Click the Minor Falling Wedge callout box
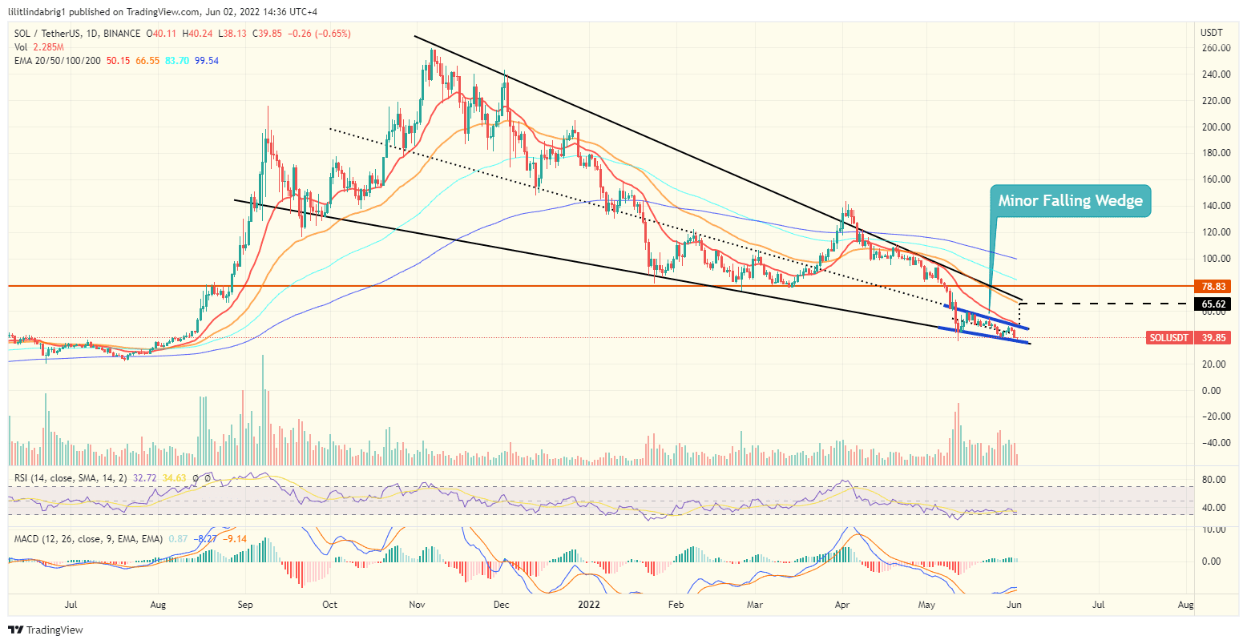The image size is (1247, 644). coord(1070,201)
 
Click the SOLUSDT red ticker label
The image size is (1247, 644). coord(1168,338)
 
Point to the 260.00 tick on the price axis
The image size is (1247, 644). coord(1215,48)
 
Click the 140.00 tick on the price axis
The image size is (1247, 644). coord(1215,206)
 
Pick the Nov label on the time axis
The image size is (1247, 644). coord(416,605)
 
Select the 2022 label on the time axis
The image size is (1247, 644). coord(588,605)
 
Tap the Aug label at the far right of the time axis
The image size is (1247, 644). coord(1186,605)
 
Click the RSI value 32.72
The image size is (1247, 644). coord(144,478)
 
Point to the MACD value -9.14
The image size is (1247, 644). coord(235,539)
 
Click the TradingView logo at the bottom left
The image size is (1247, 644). coord(46,630)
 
